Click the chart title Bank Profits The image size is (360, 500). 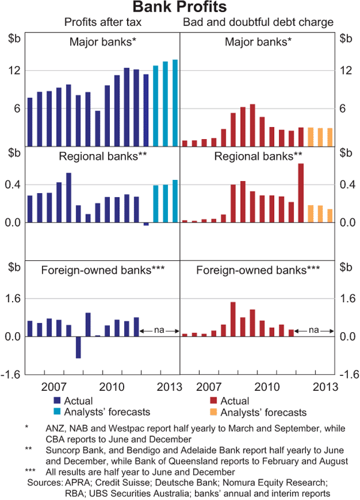pyautogui.click(x=179, y=8)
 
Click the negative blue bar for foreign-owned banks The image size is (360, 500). pyautogui.click(x=78, y=347)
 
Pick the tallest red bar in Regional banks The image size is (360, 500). pyautogui.click(x=301, y=192)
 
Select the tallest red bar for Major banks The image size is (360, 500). pyautogui.click(x=252, y=125)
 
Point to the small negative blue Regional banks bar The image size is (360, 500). pyautogui.click(x=146, y=224)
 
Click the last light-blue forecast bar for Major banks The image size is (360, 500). pyautogui.click(x=175, y=103)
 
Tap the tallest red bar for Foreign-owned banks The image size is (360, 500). pyautogui.click(x=233, y=319)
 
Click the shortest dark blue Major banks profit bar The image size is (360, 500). pyautogui.click(x=97, y=128)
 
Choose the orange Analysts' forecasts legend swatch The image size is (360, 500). pyautogui.click(x=214, y=412)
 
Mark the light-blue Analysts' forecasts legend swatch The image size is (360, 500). pyautogui.click(x=58, y=412)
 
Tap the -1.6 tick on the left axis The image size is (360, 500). pyautogui.click(x=12, y=375)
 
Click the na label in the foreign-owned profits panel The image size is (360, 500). pyautogui.click(x=160, y=330)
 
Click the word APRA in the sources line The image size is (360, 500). pyautogui.click(x=73, y=482)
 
